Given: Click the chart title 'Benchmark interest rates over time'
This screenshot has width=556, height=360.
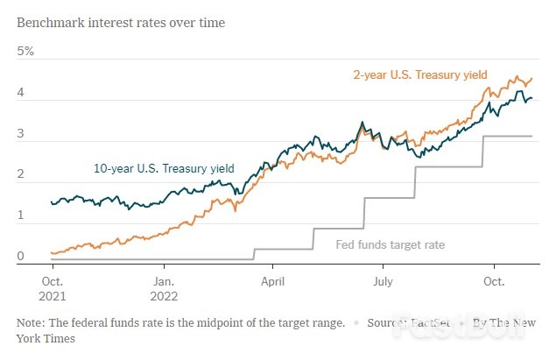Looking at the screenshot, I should tap(121, 22).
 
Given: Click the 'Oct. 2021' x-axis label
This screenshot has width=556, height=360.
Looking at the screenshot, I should tap(53, 289).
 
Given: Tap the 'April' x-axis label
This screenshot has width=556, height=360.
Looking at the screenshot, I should tap(273, 282).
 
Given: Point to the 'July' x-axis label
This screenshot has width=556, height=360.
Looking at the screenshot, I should tap(384, 282).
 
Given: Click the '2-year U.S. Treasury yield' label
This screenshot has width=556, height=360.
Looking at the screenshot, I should tap(419, 74).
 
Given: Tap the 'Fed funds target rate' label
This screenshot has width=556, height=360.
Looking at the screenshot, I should tap(391, 244).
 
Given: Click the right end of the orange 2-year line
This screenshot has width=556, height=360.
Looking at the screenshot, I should tap(532, 78).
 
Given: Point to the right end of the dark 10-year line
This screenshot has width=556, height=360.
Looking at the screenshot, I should tap(532, 98).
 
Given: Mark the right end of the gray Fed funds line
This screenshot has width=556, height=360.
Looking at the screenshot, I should tap(532, 136).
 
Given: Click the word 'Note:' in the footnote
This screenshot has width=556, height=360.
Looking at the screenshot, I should tap(32, 322).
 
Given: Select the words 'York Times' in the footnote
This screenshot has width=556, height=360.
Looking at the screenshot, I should tap(45, 337).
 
